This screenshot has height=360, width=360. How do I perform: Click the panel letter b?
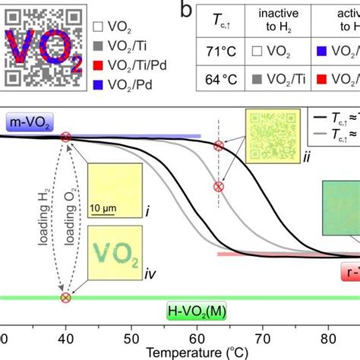click(x=185, y=10)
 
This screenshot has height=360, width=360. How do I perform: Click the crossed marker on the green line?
click(x=66, y=298)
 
